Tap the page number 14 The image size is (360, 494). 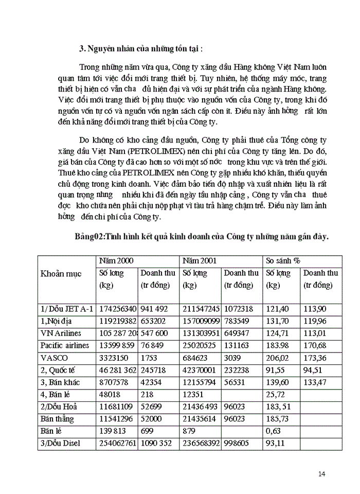[321, 473]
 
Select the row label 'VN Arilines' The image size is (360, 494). [61, 333]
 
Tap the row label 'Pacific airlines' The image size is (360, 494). [65, 345]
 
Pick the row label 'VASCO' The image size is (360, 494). [53, 357]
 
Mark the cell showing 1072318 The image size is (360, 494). [239, 309]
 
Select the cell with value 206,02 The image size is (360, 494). [277, 357]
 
